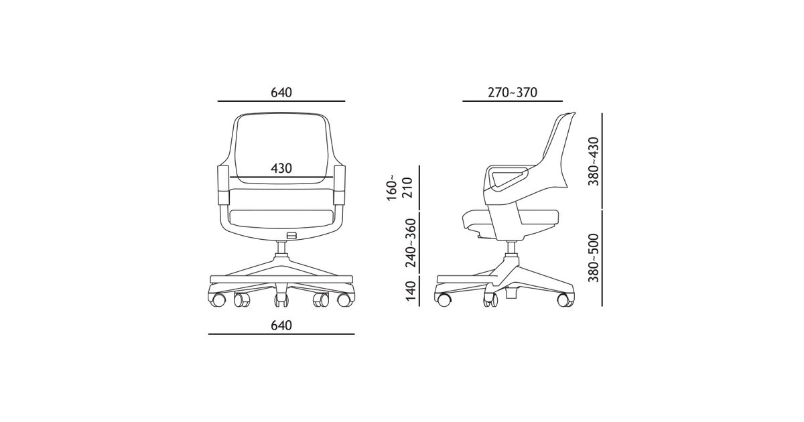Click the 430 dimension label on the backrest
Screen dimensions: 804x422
pos(281,168)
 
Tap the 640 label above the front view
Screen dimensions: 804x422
pos(281,92)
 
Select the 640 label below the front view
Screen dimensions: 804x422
pos(281,326)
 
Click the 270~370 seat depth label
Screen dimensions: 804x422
pos(512,92)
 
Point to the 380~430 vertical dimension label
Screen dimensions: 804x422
pos(594,161)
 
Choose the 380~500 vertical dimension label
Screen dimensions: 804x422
pos(594,258)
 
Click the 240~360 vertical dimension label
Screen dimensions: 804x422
pos(411,242)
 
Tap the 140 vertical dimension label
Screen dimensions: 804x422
pos(411,291)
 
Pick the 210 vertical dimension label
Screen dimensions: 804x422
pos(408,188)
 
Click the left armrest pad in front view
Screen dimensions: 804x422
pos(223,185)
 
